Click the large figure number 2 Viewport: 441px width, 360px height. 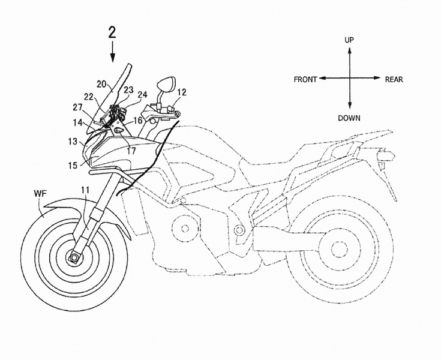click(112, 33)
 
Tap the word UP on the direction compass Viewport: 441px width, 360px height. click(349, 40)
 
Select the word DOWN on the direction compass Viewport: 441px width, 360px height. click(349, 118)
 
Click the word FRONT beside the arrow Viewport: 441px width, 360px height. click(305, 80)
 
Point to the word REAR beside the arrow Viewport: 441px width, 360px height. click(394, 80)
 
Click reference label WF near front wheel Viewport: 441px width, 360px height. click(41, 193)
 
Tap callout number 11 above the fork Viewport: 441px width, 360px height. click(85, 190)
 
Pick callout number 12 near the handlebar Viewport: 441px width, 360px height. click(182, 92)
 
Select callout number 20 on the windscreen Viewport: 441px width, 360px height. click(101, 84)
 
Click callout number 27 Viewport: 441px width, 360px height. click(78, 107)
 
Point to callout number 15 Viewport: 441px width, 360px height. click(72, 166)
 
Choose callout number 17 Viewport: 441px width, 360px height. click(131, 151)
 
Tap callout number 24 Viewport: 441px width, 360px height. click(142, 95)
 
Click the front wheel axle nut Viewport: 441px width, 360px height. click(74, 257)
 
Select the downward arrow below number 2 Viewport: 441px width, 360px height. click(113, 52)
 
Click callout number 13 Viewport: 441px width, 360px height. click(73, 141)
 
